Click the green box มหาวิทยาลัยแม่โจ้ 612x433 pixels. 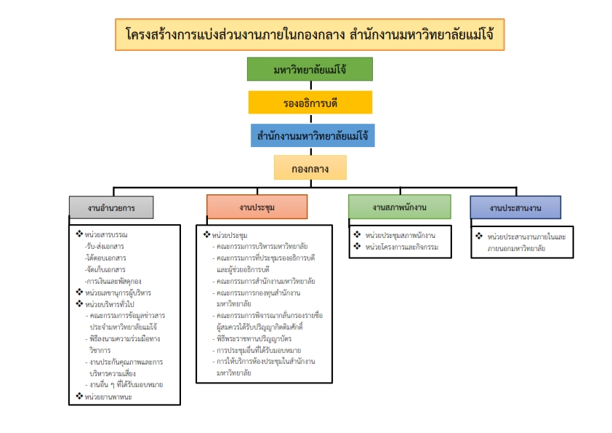[310, 69]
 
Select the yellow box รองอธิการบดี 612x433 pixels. [310, 103]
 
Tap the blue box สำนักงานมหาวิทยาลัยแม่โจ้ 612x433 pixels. [310, 135]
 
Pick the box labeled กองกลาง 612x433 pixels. [310, 168]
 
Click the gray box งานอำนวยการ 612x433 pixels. [112, 207]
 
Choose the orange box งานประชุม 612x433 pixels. [257, 207]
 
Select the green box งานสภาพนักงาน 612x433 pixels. [399, 207]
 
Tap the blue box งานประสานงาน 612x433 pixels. [515, 207]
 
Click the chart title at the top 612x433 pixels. [310, 35]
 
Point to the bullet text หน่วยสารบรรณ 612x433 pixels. [110, 234]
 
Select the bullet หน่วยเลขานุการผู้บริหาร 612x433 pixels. [121, 293]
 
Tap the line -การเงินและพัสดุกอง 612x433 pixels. [113, 281]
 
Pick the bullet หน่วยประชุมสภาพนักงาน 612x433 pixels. [400, 236]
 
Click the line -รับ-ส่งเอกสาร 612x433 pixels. [105, 246]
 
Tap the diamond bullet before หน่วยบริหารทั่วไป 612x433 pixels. [79, 303]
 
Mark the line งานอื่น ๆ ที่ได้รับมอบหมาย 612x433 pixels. [125, 384]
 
